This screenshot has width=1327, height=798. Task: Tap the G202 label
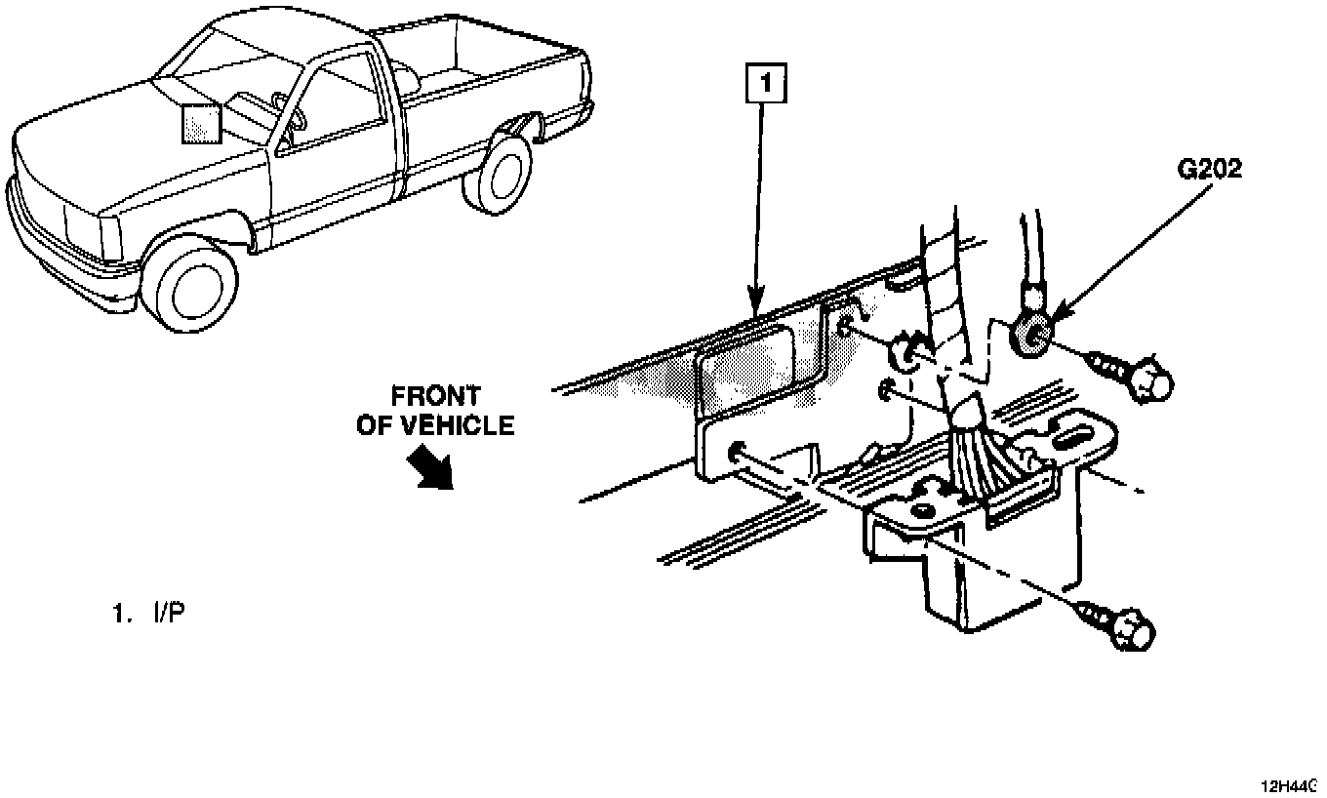click(x=1209, y=171)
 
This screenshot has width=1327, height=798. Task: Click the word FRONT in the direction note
click(x=435, y=396)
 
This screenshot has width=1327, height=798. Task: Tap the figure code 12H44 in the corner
click(x=1290, y=786)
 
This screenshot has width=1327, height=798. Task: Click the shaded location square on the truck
click(x=201, y=121)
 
